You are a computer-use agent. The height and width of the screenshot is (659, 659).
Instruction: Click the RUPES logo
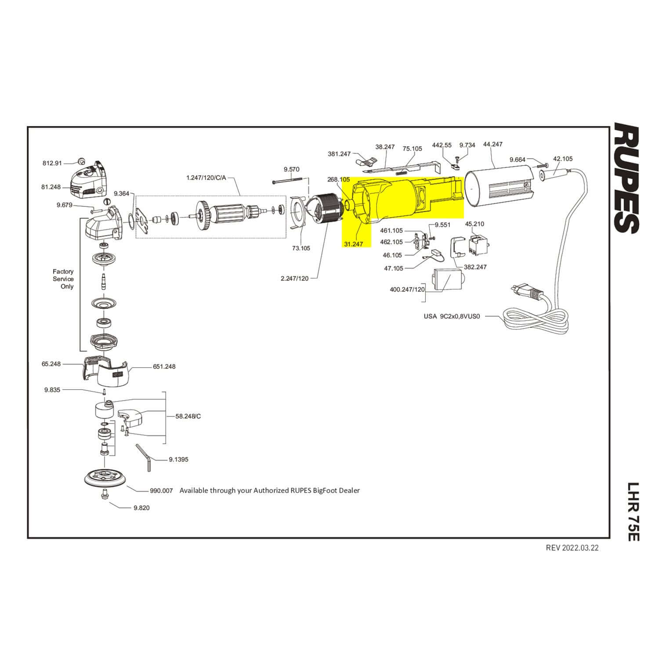626,178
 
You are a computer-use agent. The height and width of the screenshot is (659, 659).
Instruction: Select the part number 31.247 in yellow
353,244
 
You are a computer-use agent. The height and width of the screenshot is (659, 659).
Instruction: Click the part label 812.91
52,163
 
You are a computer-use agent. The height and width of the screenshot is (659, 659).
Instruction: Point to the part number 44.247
492,144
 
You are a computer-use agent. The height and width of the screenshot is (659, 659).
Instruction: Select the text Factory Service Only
64,279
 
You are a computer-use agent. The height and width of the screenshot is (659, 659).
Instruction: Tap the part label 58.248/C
188,416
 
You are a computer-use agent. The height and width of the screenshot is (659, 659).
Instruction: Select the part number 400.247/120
407,290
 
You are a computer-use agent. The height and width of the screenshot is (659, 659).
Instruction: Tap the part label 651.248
164,366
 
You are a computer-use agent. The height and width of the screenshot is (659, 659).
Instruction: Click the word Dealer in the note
349,490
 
